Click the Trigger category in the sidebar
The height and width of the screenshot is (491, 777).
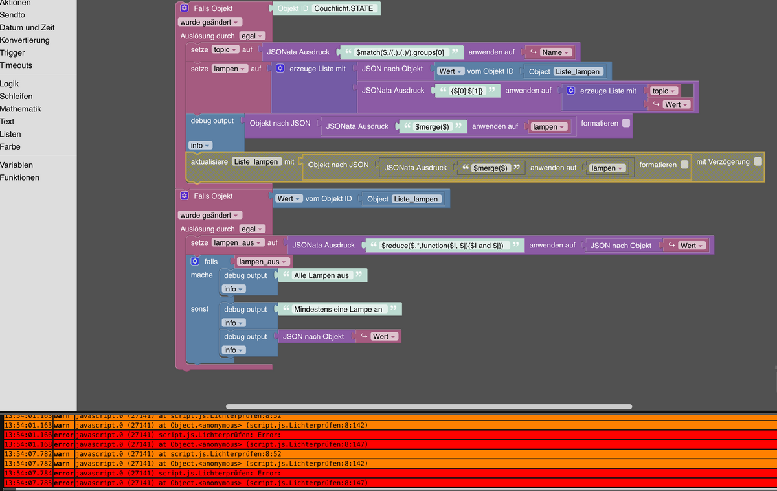pyautogui.click(x=12, y=53)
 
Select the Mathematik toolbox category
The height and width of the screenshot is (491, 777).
pyautogui.click(x=20, y=109)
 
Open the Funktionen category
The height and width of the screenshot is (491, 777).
pyautogui.click(x=19, y=177)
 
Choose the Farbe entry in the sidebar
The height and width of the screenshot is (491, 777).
pyautogui.click(x=10, y=146)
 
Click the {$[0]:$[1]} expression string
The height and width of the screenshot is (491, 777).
pyautogui.click(x=467, y=91)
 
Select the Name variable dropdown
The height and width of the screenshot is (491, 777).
pyautogui.click(x=556, y=52)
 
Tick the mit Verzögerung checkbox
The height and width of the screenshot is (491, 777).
pyautogui.click(x=758, y=161)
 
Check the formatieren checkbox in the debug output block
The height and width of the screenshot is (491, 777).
pyautogui.click(x=625, y=123)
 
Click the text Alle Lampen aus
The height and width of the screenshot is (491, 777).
pyautogui.click(x=321, y=275)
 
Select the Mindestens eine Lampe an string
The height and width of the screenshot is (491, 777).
pyautogui.click(x=338, y=309)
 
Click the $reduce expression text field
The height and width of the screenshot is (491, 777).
pyautogui.click(x=442, y=245)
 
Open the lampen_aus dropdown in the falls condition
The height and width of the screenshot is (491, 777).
pyautogui.click(x=262, y=262)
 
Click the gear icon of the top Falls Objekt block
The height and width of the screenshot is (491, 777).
pyautogui.click(x=185, y=8)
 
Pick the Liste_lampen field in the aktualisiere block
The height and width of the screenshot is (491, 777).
pyautogui.click(x=257, y=161)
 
